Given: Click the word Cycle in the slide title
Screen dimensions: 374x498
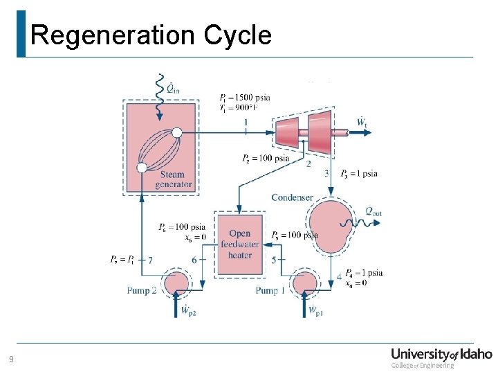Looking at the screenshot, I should click(237, 35).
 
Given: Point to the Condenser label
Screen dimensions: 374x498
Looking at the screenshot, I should click(292, 198).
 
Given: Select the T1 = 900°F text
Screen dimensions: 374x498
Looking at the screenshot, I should click(243, 108).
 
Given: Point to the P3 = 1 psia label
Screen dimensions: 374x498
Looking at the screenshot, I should click(359, 174).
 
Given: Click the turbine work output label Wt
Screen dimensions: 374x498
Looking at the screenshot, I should click(361, 123).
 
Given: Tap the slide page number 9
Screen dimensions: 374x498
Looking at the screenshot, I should click(11, 359).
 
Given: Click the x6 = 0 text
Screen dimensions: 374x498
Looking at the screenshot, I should click(196, 237).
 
